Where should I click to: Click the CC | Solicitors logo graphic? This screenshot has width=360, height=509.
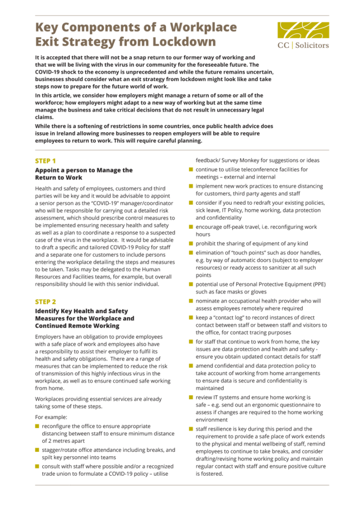tap(303, 29)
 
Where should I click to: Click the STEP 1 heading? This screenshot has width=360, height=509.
tap(45, 161)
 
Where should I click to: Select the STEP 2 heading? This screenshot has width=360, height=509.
tap(45, 302)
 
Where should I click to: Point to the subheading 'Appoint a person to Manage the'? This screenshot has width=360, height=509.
tap(84, 170)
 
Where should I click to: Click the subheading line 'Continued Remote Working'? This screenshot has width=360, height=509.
tap(77, 326)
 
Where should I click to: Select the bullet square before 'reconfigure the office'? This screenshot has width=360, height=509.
tap(37, 426)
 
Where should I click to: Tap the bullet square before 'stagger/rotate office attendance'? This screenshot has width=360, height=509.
tap(37, 450)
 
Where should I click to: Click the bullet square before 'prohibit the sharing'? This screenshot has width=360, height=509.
tap(190, 244)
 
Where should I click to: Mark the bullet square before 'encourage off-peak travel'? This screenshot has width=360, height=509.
tap(190, 227)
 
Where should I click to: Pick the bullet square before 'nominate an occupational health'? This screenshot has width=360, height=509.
tap(190, 301)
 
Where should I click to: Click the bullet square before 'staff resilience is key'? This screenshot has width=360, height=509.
tap(190, 428)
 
